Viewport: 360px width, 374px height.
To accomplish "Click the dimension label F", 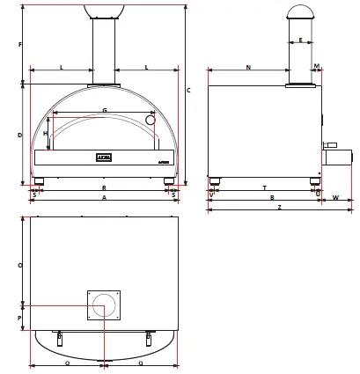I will (x=20, y=44).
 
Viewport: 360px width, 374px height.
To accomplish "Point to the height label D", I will (x=20, y=135).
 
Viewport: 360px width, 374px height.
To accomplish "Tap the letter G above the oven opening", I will (x=105, y=110).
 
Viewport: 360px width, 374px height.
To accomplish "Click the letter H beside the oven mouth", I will (x=46, y=133).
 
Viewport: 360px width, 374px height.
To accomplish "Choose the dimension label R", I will (x=104, y=188).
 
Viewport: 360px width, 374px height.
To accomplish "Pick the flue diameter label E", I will (x=300, y=40).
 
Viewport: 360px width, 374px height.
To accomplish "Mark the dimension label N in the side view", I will (x=248, y=67).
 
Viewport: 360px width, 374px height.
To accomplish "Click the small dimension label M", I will (x=316, y=67).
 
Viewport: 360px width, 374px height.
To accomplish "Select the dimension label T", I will (x=264, y=188).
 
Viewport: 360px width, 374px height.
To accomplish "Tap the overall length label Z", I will (x=279, y=208).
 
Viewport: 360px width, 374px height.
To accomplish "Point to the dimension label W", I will (x=336, y=198).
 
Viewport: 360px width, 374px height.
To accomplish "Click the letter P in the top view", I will (x=20, y=318).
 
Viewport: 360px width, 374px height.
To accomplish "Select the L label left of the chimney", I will (x=61, y=67).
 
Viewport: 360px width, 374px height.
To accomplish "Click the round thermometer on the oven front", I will (x=151, y=119).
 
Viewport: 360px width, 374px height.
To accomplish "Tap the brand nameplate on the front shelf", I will (x=104, y=158).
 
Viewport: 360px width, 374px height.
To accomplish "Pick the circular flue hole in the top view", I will (x=104, y=307).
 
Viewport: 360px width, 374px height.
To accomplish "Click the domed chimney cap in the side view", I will (x=300, y=11).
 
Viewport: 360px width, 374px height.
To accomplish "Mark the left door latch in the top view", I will (x=60, y=338).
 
